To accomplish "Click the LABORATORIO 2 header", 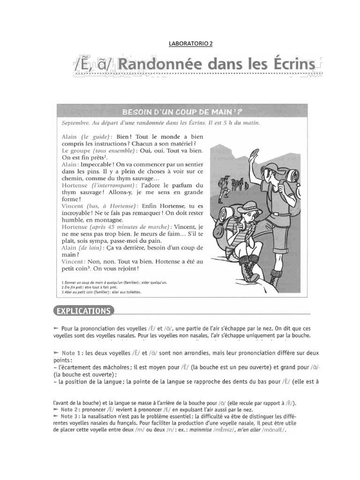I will (190, 45).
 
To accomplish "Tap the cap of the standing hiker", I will (271, 168).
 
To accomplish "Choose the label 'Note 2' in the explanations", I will (71, 410).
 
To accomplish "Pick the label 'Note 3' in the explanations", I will (71, 416).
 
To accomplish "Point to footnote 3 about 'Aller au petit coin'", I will (101, 292).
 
